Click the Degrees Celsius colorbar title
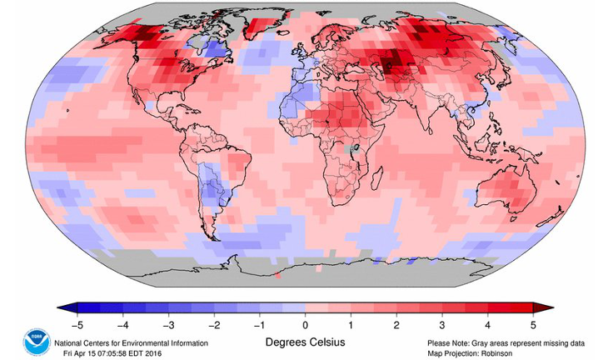pyautogui.click(x=305, y=342)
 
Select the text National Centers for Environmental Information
pyautogui.click(x=131, y=342)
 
